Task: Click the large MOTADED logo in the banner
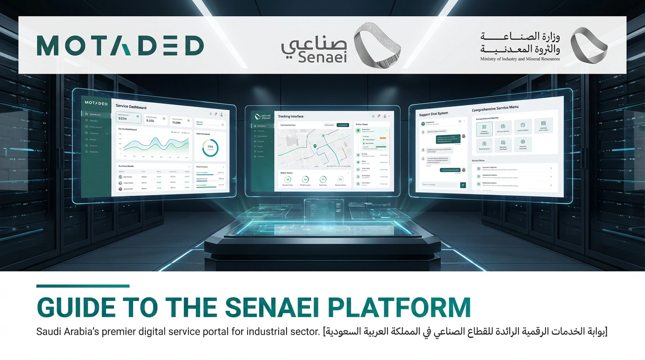click(120, 46)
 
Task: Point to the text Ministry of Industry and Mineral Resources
click(520, 59)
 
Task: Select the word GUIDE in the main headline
click(75, 307)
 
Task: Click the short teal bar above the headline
click(83, 286)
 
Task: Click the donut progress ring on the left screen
click(210, 148)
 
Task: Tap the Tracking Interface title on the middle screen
click(291, 116)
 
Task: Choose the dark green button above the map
click(343, 125)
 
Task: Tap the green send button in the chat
click(463, 185)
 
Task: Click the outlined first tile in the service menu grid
click(484, 127)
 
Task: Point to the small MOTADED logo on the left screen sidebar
click(96, 103)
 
